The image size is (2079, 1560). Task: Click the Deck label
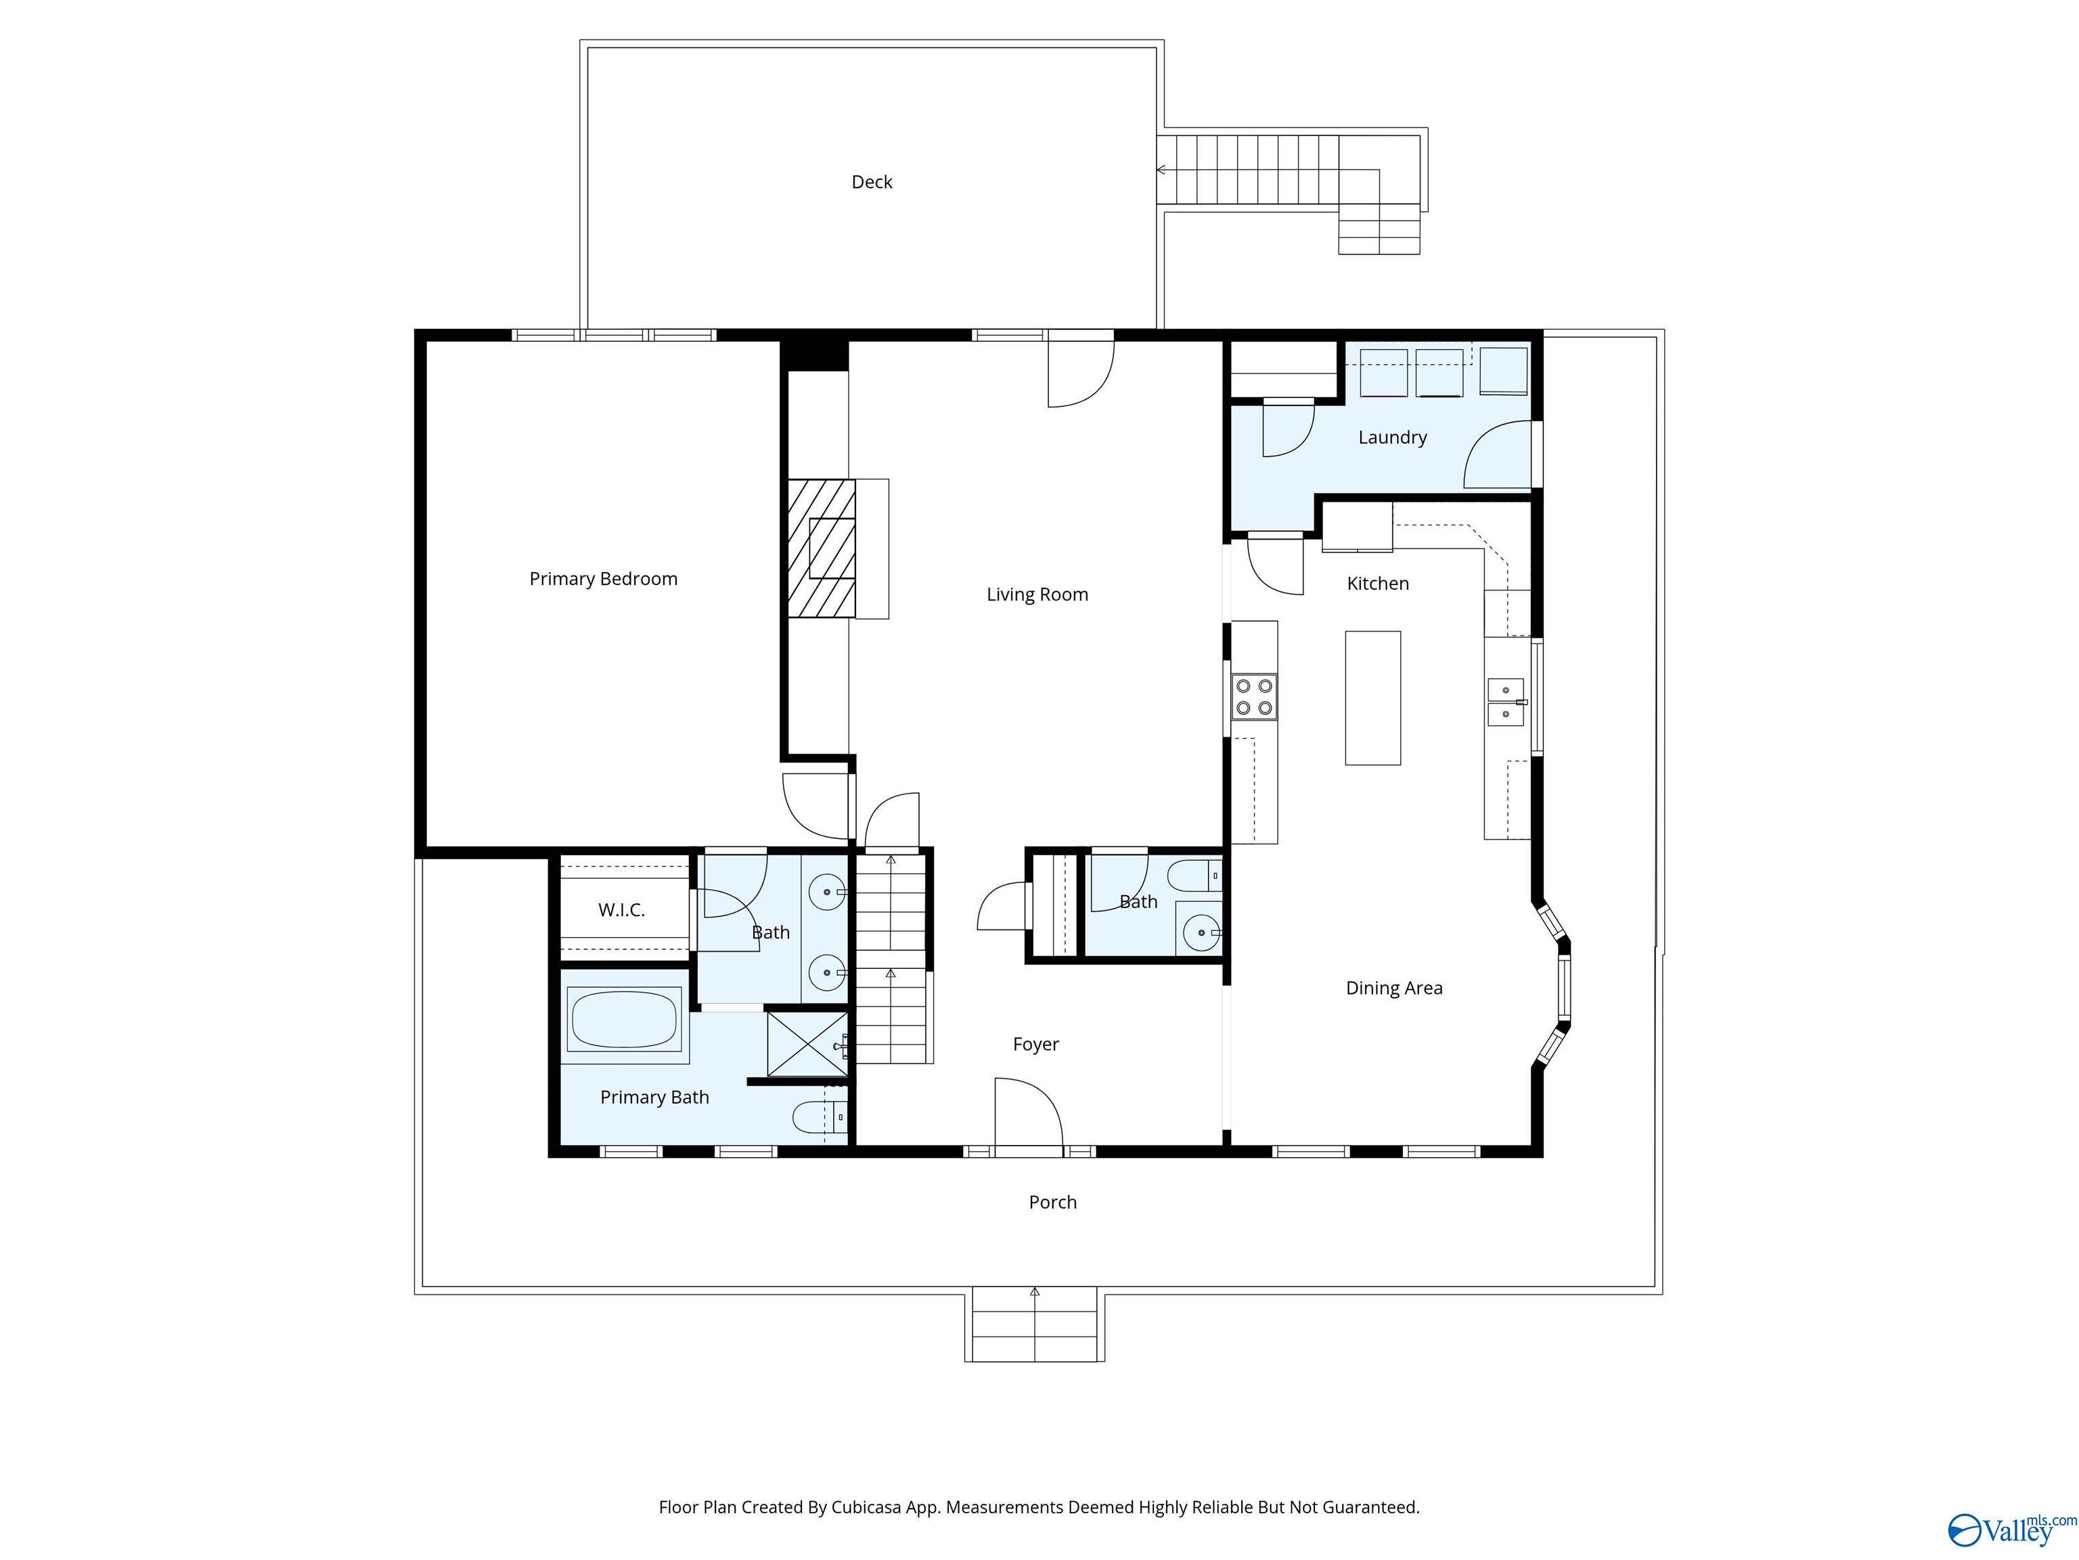tap(871, 182)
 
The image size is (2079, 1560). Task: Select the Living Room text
tap(1037, 594)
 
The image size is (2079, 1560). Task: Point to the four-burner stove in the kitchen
tap(1254, 697)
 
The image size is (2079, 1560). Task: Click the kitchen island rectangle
tap(1372, 697)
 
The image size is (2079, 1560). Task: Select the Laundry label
tap(1392, 437)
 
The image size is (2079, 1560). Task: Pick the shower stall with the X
tap(807, 1043)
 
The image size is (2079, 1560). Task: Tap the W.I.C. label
tap(621, 910)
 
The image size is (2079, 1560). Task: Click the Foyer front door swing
tap(1028, 1112)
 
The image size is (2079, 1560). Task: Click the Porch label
tap(1052, 1202)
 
